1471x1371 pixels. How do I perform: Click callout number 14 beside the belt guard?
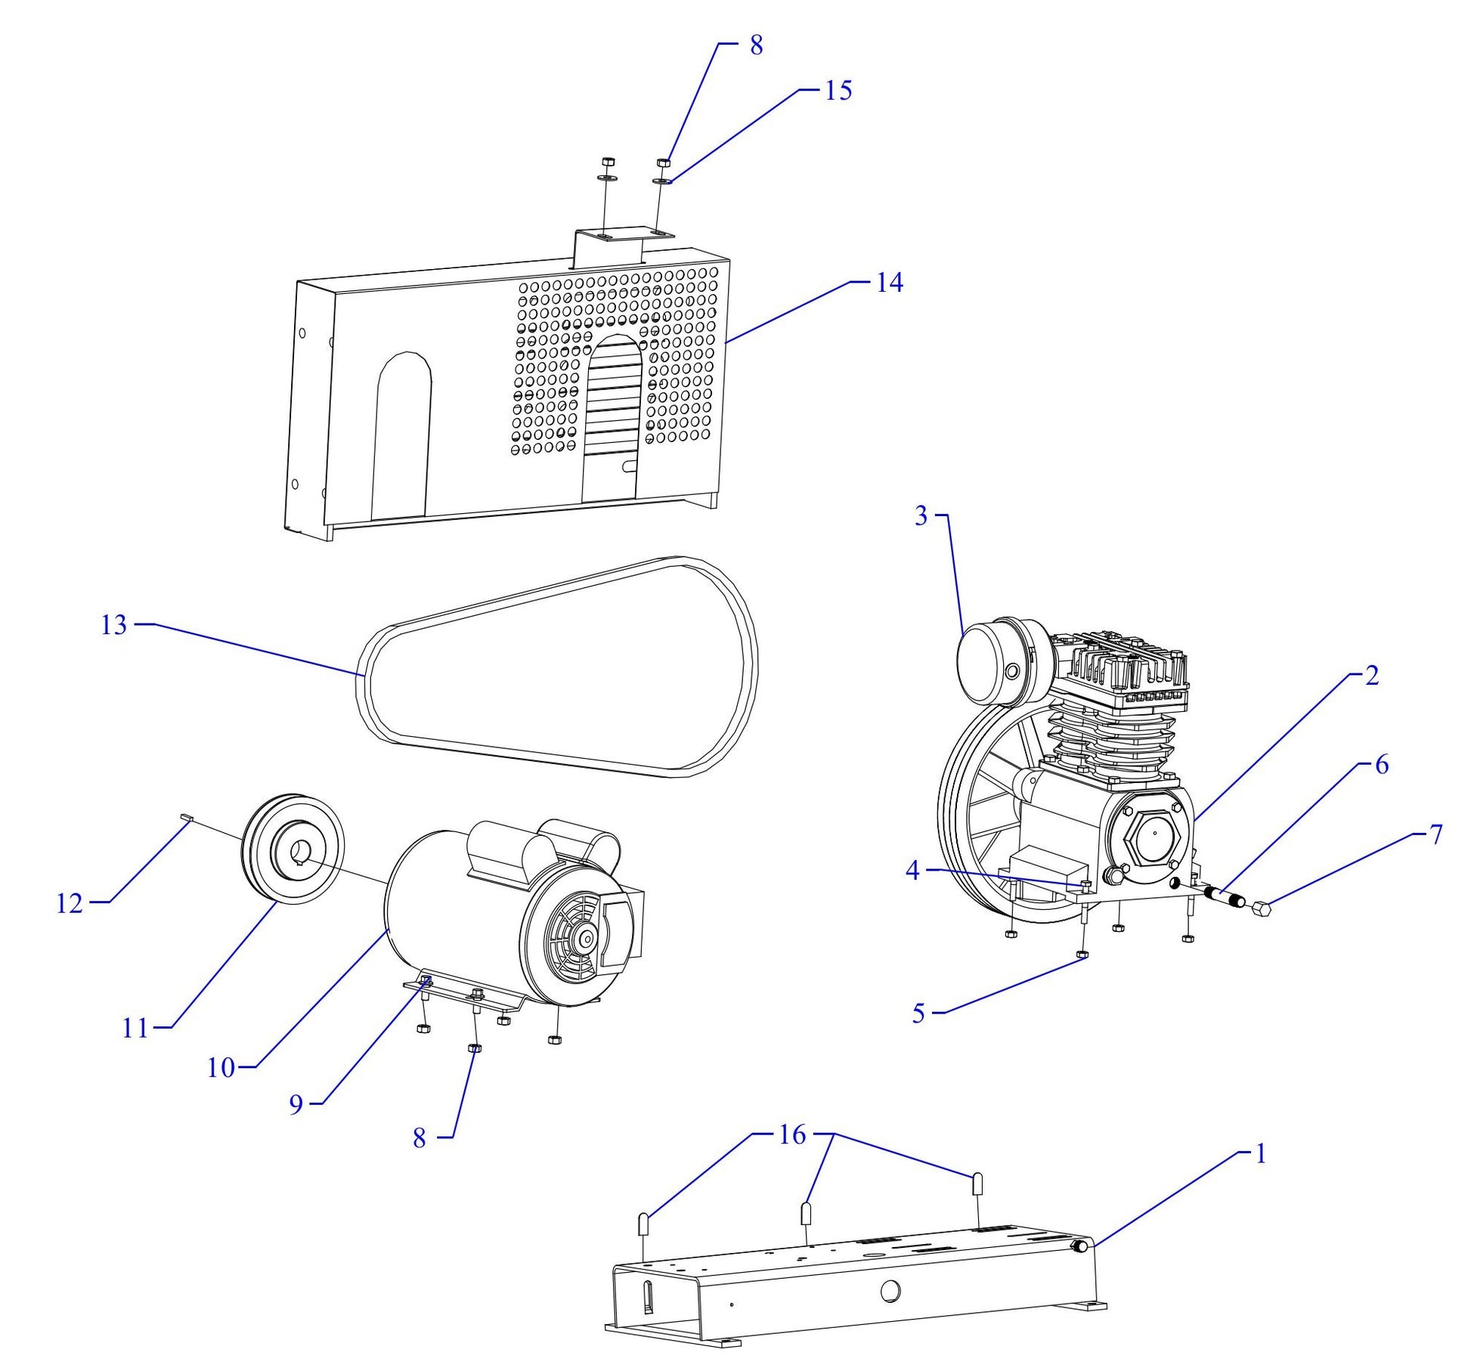(x=889, y=283)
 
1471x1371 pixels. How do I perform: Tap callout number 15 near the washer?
(x=838, y=90)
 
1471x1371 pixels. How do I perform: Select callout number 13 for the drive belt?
(x=114, y=626)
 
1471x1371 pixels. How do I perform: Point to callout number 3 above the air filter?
(x=921, y=516)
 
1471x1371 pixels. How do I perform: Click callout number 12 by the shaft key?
(x=70, y=903)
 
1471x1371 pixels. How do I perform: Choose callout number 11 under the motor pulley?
(x=135, y=1029)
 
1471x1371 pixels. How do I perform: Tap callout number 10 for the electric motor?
(x=221, y=1068)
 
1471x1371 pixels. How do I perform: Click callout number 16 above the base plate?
(x=792, y=1135)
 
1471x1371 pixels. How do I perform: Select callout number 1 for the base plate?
(x=1259, y=1154)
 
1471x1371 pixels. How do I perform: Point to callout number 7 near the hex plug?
(x=1435, y=834)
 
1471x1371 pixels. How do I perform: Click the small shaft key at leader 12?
(x=187, y=816)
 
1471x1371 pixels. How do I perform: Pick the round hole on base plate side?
(x=890, y=1292)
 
